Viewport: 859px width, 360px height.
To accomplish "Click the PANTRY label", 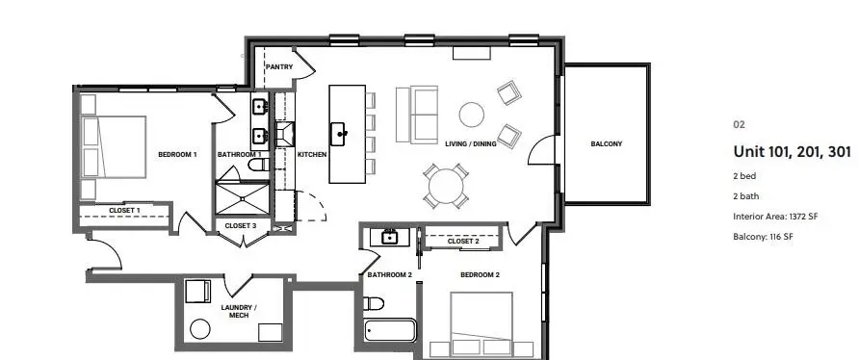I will tap(279, 66).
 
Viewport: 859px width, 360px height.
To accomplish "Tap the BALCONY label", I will tap(606, 144).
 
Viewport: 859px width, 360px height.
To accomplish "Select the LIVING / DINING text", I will tap(471, 144).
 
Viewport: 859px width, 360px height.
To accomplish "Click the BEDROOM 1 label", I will tap(177, 154).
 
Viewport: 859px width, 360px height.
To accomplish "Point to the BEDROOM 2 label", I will tap(479, 275).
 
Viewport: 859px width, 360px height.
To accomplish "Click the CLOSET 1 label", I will tap(124, 209).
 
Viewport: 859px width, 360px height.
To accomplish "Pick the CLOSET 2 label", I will tap(463, 241).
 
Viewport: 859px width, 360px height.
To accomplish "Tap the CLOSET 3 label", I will tap(240, 225).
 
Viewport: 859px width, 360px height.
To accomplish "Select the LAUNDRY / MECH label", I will tap(239, 311).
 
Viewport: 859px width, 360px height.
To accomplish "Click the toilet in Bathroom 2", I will tap(374, 304).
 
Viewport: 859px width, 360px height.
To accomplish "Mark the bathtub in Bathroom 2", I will tap(389, 333).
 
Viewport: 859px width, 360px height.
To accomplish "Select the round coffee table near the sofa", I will tap(471, 115).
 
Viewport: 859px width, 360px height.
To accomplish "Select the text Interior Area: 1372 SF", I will tap(775, 217).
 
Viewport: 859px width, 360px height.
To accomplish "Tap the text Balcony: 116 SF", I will tap(763, 236).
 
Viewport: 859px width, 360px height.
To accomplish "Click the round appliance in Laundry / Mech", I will tap(199, 328).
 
